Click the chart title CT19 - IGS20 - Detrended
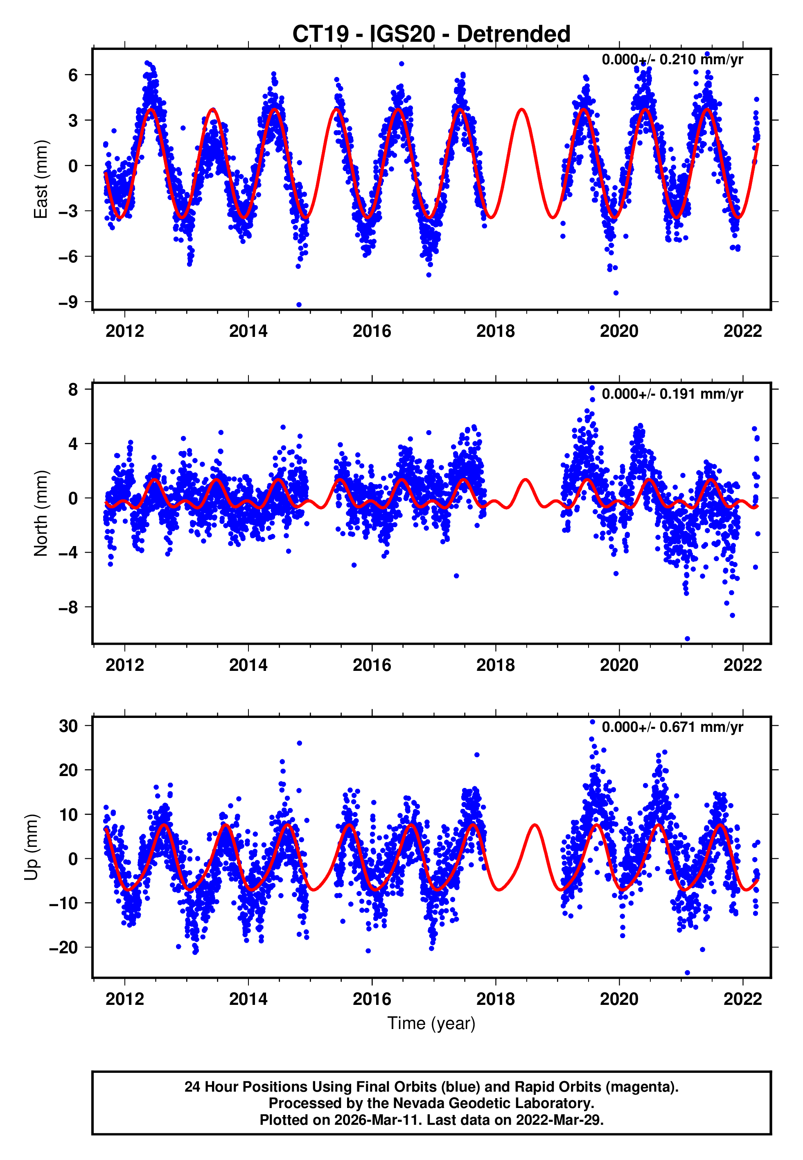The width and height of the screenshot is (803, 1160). (x=431, y=34)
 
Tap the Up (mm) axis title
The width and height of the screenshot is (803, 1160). (x=31, y=847)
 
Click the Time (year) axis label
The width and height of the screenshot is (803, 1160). (x=431, y=1023)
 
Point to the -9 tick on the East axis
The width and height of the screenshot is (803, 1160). (x=68, y=302)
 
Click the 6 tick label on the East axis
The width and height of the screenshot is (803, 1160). (x=73, y=75)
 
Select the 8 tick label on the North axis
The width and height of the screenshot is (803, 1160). (x=73, y=389)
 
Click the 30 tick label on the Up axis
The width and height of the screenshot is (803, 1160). (x=68, y=726)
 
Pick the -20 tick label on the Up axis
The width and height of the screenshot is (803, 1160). (x=63, y=948)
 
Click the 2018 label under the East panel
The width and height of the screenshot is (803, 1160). (x=495, y=331)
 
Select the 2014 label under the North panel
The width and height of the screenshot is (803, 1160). (x=248, y=665)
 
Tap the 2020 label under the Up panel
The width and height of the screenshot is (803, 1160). (x=619, y=999)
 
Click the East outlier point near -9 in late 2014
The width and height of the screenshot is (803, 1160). (x=299, y=305)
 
